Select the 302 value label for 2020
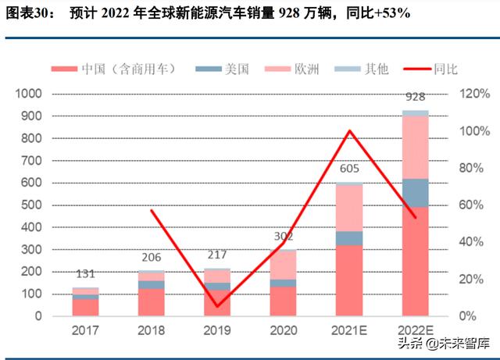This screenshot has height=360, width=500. point(283,237)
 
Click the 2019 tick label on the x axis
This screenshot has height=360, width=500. point(216,330)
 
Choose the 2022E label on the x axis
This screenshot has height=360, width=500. point(415,330)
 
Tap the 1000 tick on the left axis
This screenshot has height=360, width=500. point(30,94)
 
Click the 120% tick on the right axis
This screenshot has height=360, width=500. point(473,94)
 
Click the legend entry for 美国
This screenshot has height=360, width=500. point(234,69)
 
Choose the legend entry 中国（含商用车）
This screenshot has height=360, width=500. point(129,69)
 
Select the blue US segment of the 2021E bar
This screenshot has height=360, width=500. point(349,238)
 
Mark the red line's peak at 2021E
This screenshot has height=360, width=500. point(349,131)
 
